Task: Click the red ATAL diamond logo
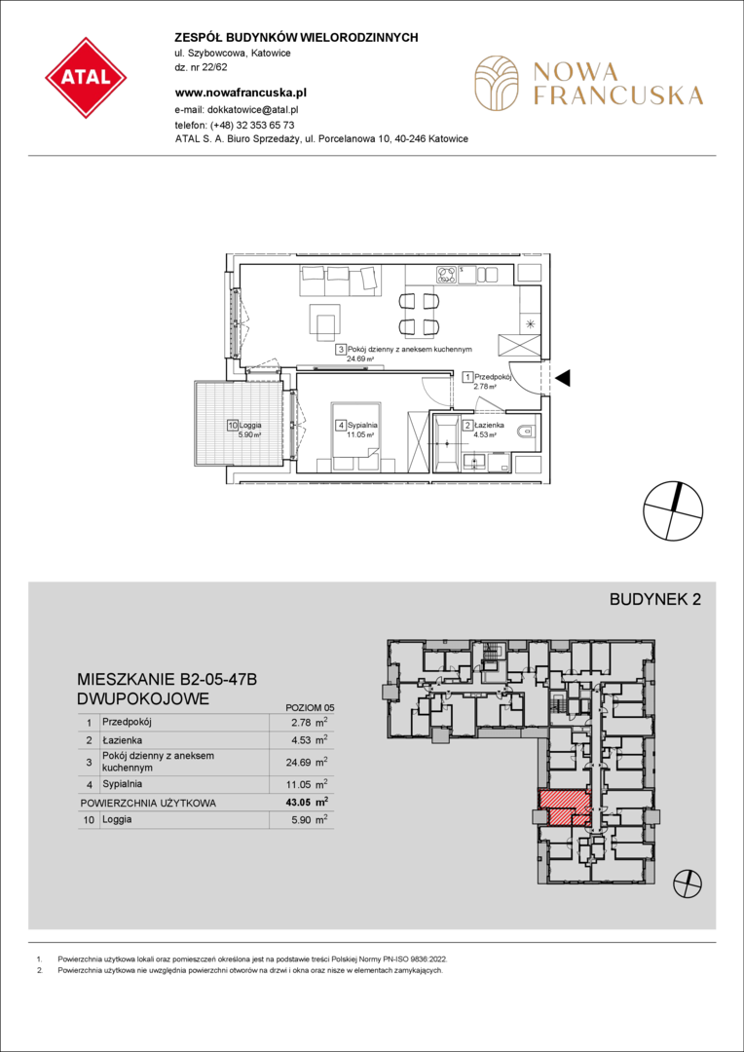[86, 78]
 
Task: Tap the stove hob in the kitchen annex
[448, 274]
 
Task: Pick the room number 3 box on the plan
[341, 350]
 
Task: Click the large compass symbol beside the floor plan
[673, 510]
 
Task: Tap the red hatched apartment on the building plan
[566, 808]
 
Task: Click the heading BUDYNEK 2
[654, 600]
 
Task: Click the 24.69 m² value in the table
[308, 762]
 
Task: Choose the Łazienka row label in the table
[120, 740]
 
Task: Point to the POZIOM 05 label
[310, 707]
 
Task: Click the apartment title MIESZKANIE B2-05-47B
[167, 681]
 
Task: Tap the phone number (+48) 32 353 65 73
[252, 125]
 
